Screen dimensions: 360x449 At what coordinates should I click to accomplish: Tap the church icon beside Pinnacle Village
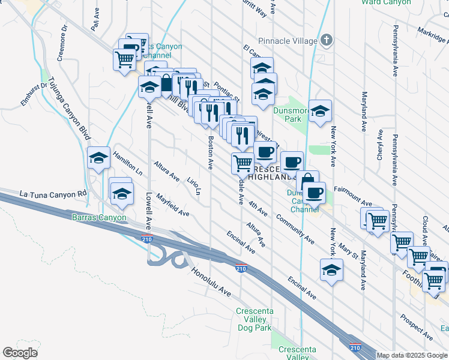point(326,41)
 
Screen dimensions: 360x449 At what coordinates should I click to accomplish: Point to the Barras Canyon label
point(99,217)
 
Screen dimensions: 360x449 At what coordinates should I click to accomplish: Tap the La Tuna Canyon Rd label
point(53,194)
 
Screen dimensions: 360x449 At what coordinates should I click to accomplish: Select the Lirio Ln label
point(193,186)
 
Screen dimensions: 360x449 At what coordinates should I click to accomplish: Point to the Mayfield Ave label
point(172,205)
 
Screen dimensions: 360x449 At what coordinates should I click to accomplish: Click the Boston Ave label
point(211,152)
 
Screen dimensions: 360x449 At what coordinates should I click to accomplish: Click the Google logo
point(20,353)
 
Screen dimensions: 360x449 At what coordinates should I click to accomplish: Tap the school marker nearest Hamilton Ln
point(98,158)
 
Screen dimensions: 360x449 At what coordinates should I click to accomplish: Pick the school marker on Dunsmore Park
point(321,112)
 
